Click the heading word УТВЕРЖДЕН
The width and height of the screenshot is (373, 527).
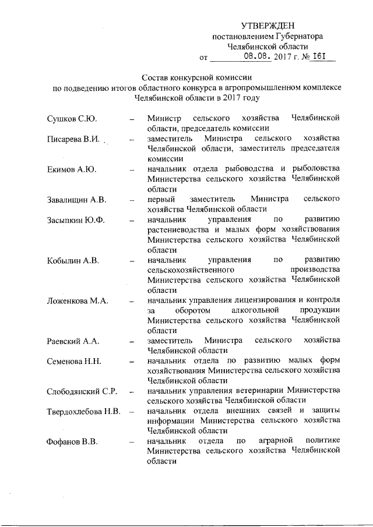coord(268,26)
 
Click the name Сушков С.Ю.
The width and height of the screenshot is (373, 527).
coord(72,119)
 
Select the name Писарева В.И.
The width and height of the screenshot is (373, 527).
coord(75,140)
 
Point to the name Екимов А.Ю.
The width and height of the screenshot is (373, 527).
coord(72,169)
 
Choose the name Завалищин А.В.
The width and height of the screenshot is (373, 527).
coord(76,200)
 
